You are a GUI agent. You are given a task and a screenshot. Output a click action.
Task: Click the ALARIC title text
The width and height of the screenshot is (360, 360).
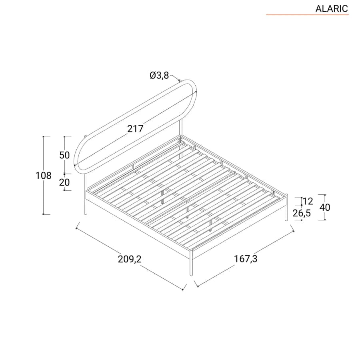[332, 9]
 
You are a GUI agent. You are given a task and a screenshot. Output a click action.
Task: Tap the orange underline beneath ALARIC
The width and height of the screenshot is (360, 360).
[307, 15]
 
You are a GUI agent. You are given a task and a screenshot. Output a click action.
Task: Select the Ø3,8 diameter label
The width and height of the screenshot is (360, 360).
[159, 75]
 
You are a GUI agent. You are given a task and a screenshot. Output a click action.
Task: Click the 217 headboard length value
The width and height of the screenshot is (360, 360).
[135, 128]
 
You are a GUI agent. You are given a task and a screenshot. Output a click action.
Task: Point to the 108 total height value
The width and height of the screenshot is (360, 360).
[43, 176]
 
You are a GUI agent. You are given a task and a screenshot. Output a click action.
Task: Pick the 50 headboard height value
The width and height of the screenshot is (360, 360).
[64, 155]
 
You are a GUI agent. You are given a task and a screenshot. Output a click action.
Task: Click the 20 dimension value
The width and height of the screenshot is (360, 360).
[64, 182]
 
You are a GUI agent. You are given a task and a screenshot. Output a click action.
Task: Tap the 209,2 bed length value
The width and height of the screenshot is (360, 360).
[130, 259]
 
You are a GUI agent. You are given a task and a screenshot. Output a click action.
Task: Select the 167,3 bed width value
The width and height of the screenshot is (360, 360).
[246, 259]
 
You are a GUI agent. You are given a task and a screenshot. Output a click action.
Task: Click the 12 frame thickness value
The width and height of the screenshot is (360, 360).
[308, 201]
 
